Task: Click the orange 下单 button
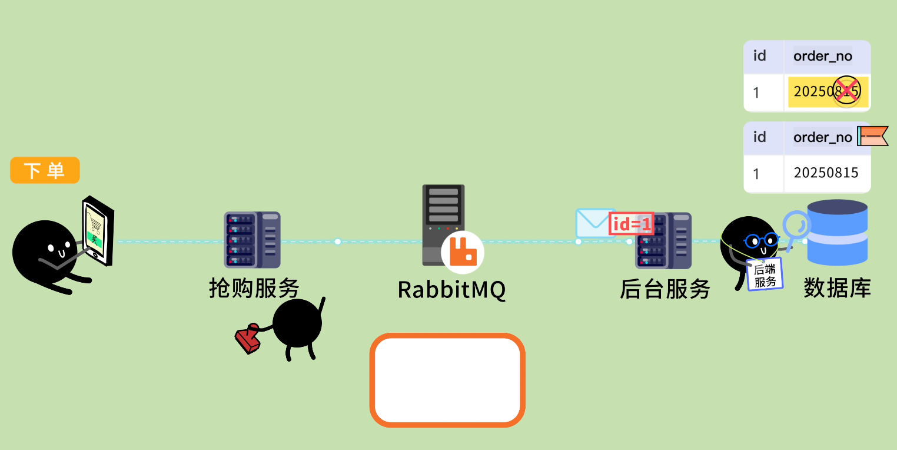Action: coord(45,170)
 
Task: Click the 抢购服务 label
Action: coord(254,289)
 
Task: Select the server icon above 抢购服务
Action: coord(252,240)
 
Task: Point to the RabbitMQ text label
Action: coord(451,290)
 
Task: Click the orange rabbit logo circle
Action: coord(463,252)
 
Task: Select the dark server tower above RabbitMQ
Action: coord(443,218)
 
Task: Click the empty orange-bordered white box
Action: coord(447,380)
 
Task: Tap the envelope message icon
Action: coord(594,223)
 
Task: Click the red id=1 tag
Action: coord(632,224)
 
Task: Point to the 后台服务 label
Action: coord(665,289)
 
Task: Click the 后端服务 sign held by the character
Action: coord(765,274)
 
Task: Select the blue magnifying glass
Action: coord(796,227)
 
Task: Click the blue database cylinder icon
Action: coord(837,232)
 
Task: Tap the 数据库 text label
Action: coord(837,289)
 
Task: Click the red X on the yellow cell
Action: coord(846,91)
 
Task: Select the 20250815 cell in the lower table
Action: coord(826,173)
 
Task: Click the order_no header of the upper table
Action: coord(823,56)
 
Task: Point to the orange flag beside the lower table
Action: coord(873,136)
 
